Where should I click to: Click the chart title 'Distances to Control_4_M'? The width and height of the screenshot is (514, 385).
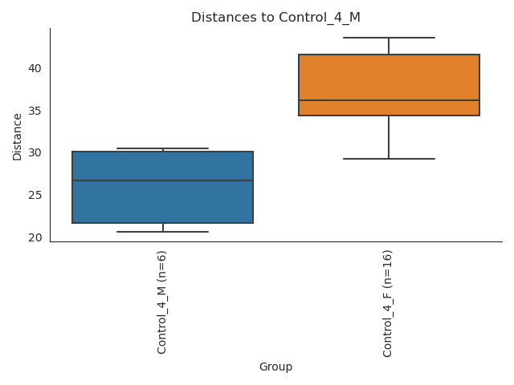275,17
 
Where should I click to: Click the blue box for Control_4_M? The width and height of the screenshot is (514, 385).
162,201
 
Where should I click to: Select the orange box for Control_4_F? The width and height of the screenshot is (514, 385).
389,72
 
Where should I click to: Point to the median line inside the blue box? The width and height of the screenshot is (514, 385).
162,180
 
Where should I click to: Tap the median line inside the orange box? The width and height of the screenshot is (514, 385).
389,100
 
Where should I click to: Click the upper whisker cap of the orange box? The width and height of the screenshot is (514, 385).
389,38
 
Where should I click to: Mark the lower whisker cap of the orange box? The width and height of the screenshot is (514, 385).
389,159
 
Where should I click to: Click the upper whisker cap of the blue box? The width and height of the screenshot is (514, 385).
162,148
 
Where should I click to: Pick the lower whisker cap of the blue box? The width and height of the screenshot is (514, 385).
162,232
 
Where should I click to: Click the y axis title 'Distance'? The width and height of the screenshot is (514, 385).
18,135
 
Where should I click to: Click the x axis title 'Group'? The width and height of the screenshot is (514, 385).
275,367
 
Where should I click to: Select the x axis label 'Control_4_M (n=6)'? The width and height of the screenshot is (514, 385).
162,302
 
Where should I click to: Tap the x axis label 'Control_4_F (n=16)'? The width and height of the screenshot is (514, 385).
389,303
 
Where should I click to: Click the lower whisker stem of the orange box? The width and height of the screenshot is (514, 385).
389,137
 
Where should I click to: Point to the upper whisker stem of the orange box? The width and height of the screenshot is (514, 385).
389,46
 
